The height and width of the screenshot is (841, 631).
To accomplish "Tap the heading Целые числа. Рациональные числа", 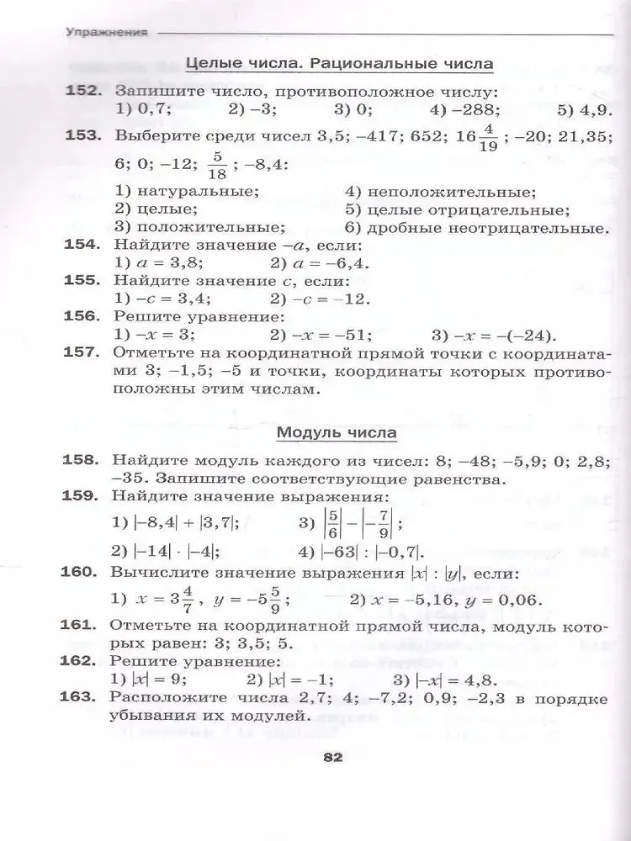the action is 338,64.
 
